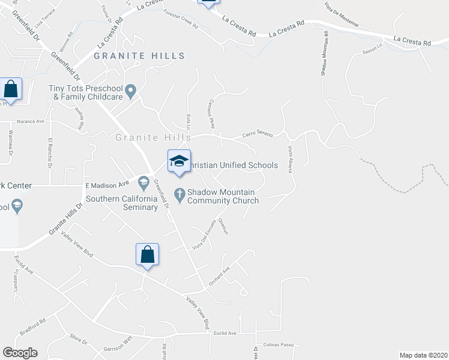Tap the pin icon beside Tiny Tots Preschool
pyautogui.click(x=131, y=91)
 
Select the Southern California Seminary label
pyautogui.click(x=122, y=203)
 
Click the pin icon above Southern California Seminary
pyautogui.click(x=143, y=181)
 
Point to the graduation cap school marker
pyautogui.click(x=179, y=161)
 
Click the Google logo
pyautogui.click(x=20, y=353)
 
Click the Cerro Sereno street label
pyautogui.click(x=257, y=134)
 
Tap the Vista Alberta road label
pyautogui.click(x=291, y=159)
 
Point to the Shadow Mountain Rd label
pyautogui.click(x=324, y=53)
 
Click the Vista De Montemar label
pyautogui.click(x=341, y=14)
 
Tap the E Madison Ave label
pyautogui.click(x=107, y=184)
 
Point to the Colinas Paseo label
pyautogui.click(x=279, y=345)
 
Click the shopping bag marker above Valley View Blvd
pyautogui.click(x=147, y=254)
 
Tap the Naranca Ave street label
pyautogui.click(x=31, y=121)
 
